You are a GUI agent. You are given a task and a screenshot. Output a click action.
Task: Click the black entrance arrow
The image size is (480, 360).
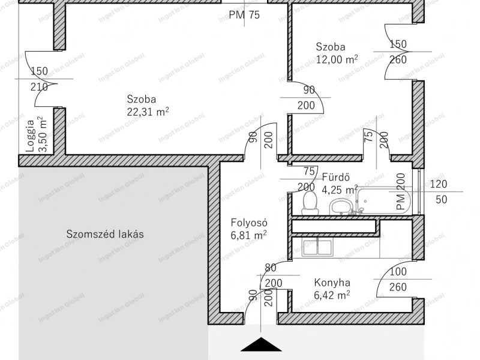coord(261,344)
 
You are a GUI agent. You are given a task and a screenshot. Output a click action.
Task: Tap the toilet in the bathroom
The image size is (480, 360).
coord(309,203)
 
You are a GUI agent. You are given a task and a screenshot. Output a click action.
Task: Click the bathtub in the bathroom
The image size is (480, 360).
coord(385,200)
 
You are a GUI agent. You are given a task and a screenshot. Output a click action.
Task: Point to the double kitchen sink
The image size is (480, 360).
coord(317,248)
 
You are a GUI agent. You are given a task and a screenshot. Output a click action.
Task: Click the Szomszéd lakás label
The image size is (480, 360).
coord(105,234)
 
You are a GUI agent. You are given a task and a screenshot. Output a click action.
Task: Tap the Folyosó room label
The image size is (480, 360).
coord(249,223)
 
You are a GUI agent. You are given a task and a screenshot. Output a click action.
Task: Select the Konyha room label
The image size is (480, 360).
coord(332,282)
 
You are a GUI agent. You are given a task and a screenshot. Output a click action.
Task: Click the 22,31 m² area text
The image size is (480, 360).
coord(148,112)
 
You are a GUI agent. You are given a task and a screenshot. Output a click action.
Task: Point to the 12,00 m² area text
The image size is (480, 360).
coord(337,59)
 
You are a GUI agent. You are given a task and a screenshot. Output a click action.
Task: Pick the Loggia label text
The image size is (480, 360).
coord(31,136)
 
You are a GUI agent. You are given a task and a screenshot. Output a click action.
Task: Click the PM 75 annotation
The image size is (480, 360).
coord(244,14)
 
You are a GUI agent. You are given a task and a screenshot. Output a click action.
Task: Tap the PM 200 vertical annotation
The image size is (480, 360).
coord(401,191)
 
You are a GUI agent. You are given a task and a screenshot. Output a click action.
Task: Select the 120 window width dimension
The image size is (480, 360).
coord(439,184)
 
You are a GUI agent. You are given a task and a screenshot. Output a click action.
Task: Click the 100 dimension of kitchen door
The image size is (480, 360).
coord(398,272)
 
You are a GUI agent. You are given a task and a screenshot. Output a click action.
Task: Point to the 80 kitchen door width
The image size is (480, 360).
coord(271,268)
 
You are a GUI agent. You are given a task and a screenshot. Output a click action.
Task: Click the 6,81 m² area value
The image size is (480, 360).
coord(248,235)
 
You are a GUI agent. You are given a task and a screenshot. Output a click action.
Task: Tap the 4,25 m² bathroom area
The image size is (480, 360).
coord(340,190)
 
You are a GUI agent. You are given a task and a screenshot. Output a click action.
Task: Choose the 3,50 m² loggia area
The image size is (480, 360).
coord(43,134)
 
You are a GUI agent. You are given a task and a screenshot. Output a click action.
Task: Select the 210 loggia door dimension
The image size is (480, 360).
coord(39,87)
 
